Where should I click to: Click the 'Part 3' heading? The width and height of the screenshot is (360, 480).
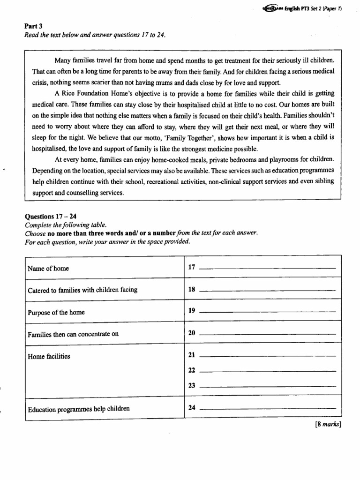pos(33,26)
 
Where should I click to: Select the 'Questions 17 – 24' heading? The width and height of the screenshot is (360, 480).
pos(50,217)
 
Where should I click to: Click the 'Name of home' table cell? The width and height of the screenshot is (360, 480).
pos(48,269)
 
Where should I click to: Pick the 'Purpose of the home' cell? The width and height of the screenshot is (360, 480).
pos(56,312)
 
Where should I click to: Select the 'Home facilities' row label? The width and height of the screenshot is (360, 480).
pos(49,356)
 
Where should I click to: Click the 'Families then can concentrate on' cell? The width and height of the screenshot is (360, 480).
pos(73,334)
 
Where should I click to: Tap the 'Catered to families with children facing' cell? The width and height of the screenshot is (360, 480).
pos(82,290)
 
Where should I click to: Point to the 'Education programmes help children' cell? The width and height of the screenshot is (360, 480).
pos(78,409)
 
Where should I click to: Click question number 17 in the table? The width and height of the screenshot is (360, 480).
pos(191,267)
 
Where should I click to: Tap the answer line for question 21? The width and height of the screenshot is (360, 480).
pos(268,357)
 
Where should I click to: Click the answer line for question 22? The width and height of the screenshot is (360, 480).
pos(268,372)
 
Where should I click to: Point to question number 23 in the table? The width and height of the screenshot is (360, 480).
pos(191,385)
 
